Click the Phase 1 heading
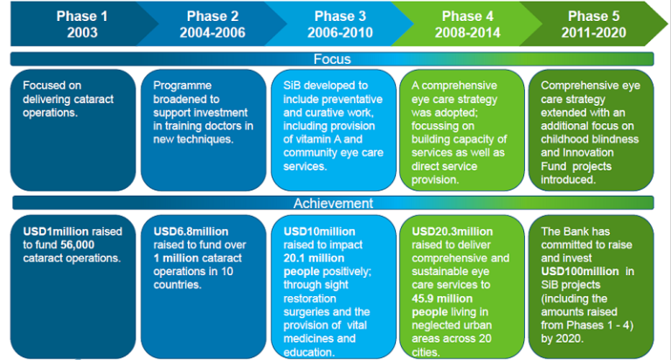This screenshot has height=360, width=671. tap(82, 17)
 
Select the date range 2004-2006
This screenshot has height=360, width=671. tap(212, 32)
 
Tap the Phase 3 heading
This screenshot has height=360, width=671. tap(340, 17)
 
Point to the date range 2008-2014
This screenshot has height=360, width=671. tap(467, 32)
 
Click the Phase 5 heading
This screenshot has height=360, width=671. tap(593, 17)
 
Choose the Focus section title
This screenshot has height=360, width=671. tap(332, 59)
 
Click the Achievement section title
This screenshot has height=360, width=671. tap(334, 203)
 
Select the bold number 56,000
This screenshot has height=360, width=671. tap(78, 245)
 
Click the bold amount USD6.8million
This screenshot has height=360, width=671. tap(190, 232)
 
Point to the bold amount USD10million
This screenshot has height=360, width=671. tap(319, 232)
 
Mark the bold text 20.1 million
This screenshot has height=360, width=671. tap(314, 258)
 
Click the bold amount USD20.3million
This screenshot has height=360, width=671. tap(453, 232)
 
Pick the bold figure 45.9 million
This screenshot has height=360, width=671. tap(442, 298)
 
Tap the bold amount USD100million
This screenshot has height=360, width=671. tap(580, 272)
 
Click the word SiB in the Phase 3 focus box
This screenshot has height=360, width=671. tap(291, 86)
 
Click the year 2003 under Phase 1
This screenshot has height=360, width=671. tap(82, 32)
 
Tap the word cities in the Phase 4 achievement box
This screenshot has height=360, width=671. tap(425, 352)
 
